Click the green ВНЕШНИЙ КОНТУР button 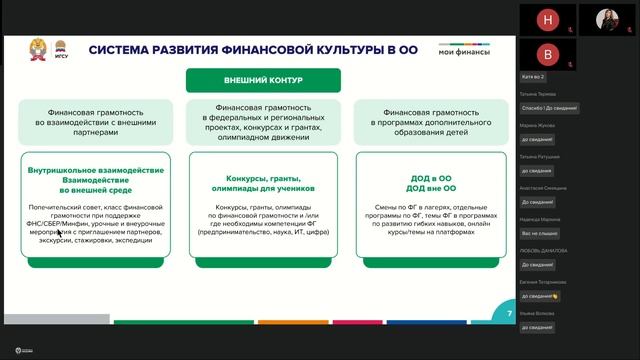click(x=263, y=81)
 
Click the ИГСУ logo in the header click(x=59, y=50)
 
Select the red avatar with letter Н click(x=547, y=19)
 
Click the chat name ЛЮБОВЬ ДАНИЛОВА click(x=544, y=250)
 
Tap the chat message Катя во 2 click(x=533, y=77)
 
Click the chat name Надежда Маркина click(x=541, y=218)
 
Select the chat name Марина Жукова click(x=538, y=125)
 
